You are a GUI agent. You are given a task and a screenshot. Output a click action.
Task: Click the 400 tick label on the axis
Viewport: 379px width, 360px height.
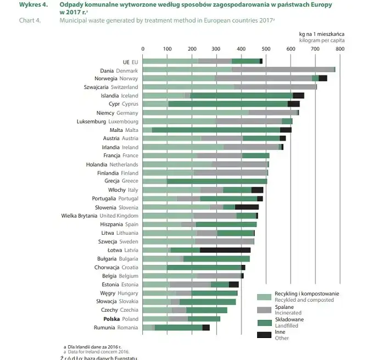pyautogui.click(x=241, y=49)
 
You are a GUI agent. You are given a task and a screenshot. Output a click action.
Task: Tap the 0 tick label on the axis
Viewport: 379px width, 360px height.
pyautogui.click(x=143, y=49)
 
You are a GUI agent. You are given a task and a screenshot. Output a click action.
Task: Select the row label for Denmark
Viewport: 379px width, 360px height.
pyautogui.click(x=119, y=70)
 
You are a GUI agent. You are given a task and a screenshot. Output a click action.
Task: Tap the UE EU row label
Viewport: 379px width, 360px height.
pyautogui.click(x=130, y=62)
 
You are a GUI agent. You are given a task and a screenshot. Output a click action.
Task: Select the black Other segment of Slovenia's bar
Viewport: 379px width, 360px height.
pyautogui.click(x=247, y=207)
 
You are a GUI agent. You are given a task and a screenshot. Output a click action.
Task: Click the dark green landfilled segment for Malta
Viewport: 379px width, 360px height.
pyautogui.click(x=216, y=130)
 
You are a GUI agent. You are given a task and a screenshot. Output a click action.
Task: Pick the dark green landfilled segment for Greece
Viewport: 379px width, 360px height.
pyautogui.click(x=217, y=181)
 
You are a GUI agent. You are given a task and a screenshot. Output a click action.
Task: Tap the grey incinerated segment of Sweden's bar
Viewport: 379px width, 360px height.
pyautogui.click(x=225, y=241)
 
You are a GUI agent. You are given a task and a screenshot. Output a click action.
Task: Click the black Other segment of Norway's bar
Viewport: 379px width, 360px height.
pyautogui.click(x=323, y=79)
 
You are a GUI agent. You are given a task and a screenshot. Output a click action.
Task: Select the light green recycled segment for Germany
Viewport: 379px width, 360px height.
pyautogui.click(x=190, y=113)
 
